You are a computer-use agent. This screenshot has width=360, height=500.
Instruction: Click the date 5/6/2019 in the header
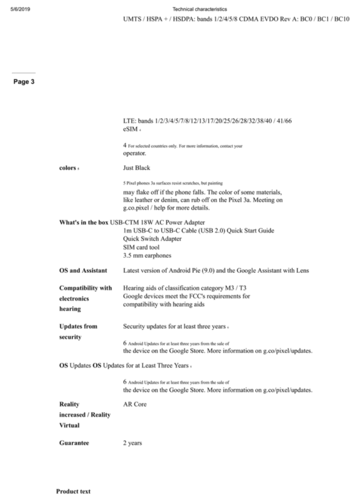[x=20, y=9]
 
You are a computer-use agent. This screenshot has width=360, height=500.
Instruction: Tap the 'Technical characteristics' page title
[x=200, y=9]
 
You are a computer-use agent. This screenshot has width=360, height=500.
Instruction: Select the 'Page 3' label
[x=23, y=82]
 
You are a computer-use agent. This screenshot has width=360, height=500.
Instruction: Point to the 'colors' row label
[x=67, y=168]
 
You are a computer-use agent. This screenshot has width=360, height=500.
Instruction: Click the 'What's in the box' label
[x=83, y=223]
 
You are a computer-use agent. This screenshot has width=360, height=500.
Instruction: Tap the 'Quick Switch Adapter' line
[x=152, y=239]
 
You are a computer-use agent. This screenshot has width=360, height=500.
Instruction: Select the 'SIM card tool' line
[x=140, y=247]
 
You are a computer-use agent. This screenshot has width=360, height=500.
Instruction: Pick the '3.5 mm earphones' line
[x=147, y=255]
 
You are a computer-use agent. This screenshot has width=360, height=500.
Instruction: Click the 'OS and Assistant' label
[x=83, y=270]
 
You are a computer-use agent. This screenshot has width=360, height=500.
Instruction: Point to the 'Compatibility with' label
[x=85, y=288]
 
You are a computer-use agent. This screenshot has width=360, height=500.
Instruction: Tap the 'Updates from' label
[x=78, y=326]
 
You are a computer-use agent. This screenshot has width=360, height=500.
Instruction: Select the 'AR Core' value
[x=135, y=404]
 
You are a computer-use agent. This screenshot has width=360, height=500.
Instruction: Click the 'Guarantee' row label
[x=74, y=443]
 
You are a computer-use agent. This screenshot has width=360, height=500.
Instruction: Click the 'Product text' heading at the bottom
[x=73, y=491]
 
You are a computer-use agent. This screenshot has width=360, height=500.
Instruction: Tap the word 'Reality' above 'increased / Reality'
[x=69, y=404]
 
